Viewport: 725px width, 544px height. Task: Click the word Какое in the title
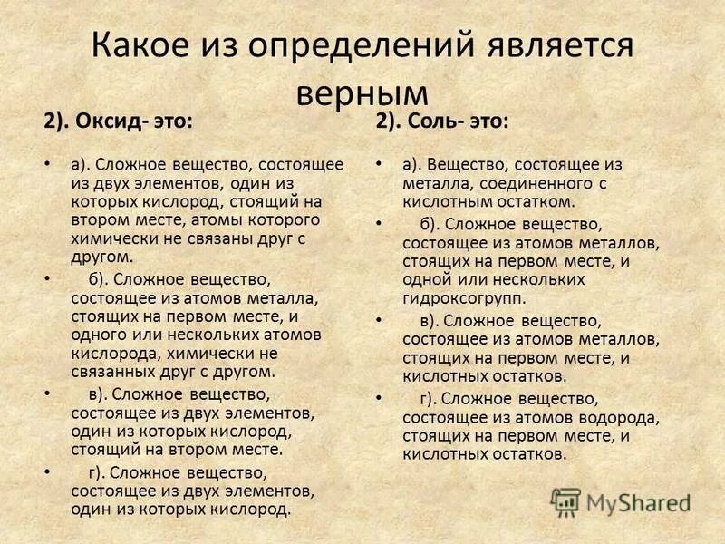pyautogui.click(x=150, y=46)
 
